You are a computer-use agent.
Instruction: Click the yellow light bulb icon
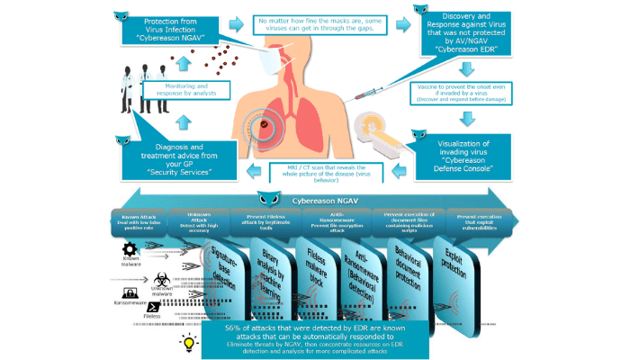190,342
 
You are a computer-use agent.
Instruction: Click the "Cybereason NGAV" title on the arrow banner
315,200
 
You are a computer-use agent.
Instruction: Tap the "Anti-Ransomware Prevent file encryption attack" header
338,220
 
